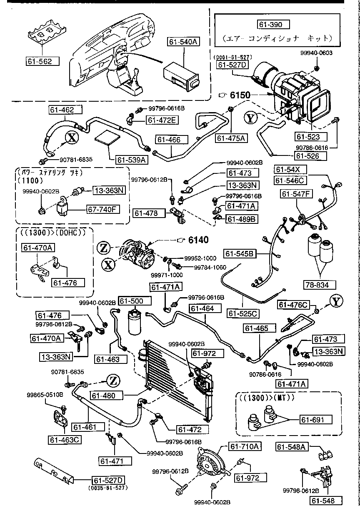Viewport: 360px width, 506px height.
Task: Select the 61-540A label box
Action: (184, 42)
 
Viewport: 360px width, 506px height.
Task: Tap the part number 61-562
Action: (41, 61)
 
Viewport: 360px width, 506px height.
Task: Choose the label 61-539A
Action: (132, 159)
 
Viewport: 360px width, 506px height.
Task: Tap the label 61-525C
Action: (243, 313)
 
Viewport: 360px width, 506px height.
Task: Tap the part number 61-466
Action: (169, 140)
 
